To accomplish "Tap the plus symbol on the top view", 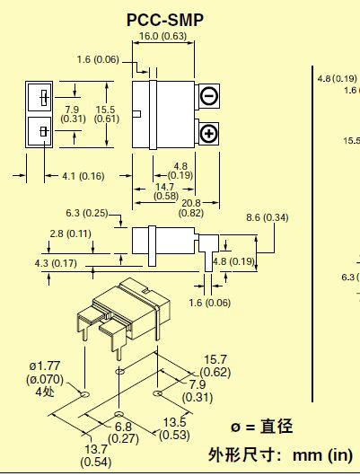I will tap(208, 134).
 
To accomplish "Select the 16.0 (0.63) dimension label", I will tap(162, 37).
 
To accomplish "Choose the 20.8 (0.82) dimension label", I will tap(190, 207).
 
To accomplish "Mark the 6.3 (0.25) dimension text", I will tap(87, 213).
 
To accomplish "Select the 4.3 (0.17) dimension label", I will tap(55, 263).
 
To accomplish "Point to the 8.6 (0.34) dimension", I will tap(267, 217).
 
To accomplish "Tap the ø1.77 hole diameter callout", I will tap(44, 378).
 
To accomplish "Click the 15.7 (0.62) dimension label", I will tap(215, 366).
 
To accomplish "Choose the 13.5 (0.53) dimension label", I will tap(175, 428).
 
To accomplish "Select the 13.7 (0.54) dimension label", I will tap(95, 454).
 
